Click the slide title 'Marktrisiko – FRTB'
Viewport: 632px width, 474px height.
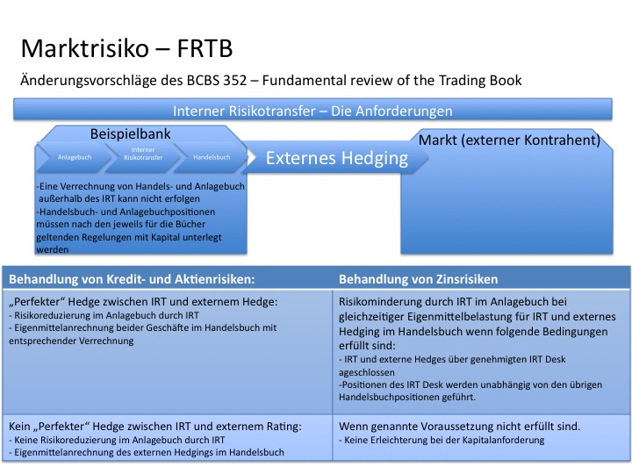click(127, 46)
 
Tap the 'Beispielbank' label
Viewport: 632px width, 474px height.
click(130, 134)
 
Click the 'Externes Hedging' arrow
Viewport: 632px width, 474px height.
click(337, 158)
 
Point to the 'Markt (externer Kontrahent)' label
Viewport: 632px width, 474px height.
click(509, 140)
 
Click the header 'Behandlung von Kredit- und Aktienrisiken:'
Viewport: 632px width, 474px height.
click(131, 279)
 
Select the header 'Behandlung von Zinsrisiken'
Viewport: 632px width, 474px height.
click(419, 279)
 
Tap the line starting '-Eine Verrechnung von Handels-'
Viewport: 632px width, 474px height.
click(140, 187)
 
